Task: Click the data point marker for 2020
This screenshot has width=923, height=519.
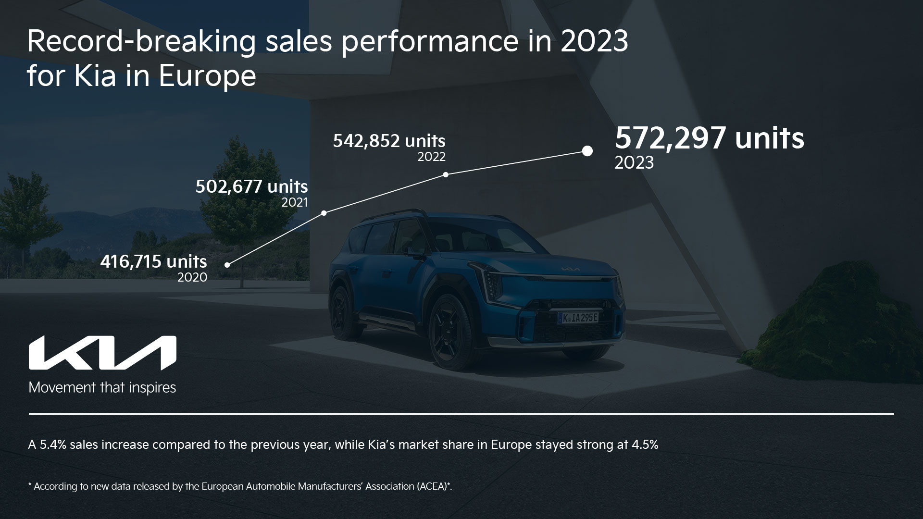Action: point(227,264)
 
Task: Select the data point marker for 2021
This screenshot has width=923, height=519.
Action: point(324,212)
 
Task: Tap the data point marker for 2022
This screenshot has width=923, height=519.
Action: point(446,174)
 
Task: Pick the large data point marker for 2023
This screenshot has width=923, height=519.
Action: point(587,151)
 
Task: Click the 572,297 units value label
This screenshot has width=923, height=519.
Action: point(710,138)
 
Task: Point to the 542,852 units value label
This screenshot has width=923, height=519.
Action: point(389,141)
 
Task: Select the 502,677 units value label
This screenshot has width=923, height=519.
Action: point(251,186)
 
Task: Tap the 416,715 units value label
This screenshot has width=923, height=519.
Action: point(153,262)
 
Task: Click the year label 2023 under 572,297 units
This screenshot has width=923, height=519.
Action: point(634,163)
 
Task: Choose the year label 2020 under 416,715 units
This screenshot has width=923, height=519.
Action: point(192,277)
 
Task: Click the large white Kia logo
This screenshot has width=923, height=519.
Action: point(102,353)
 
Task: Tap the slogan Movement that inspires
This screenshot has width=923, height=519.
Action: point(102,387)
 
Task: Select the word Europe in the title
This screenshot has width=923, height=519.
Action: point(207,76)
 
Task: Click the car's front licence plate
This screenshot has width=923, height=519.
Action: point(579,318)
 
